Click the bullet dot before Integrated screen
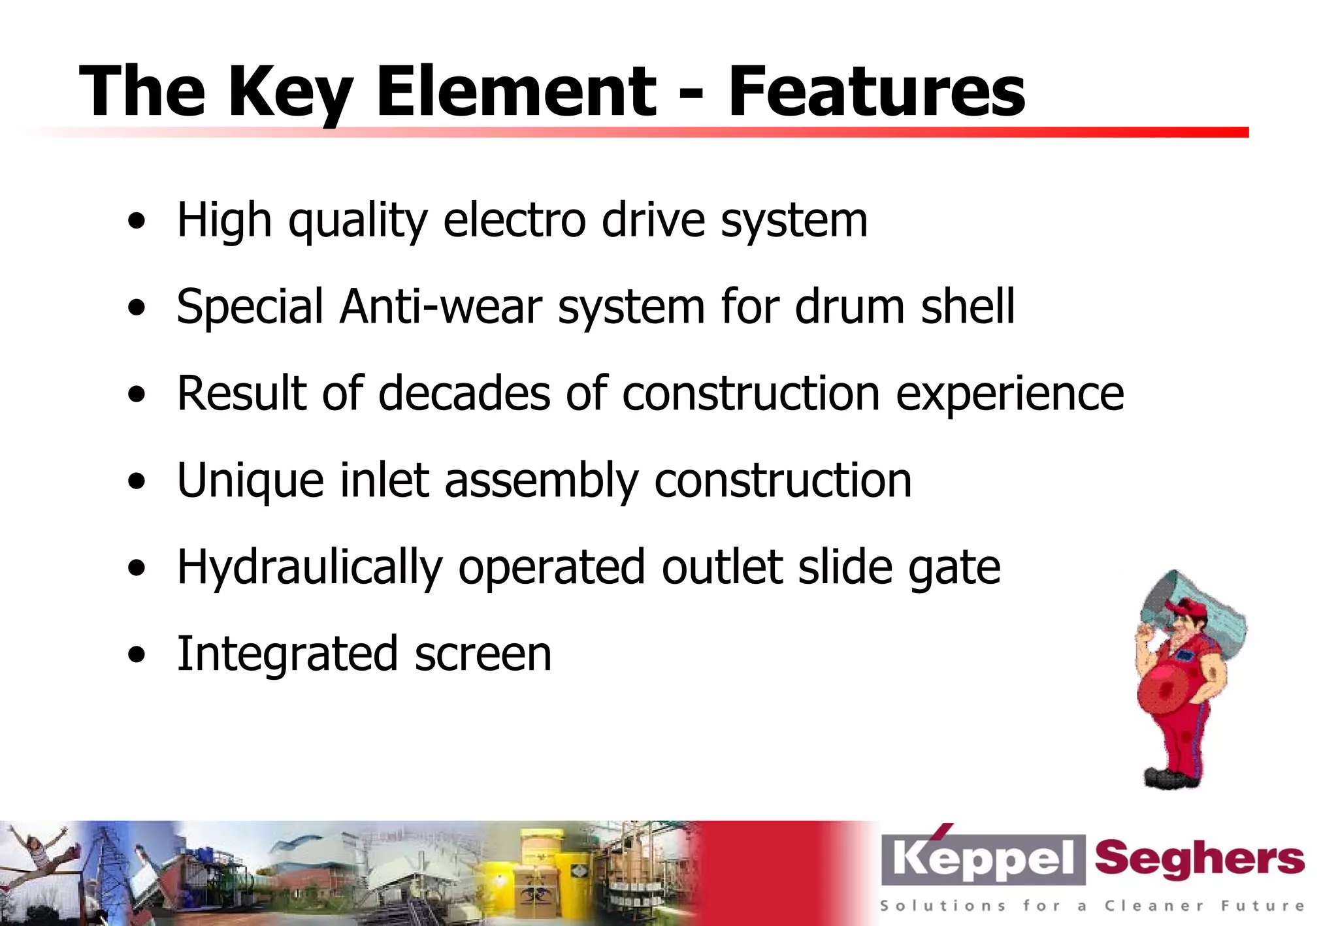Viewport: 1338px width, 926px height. click(137, 655)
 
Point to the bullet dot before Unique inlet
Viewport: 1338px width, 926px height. click(137, 482)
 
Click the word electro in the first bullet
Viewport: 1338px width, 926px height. click(514, 220)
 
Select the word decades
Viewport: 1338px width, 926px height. click(465, 393)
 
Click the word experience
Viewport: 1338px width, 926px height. click(1009, 394)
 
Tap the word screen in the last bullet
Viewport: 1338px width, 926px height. click(483, 654)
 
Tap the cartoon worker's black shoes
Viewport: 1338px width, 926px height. click(1173, 778)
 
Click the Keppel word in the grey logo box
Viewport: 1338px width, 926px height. click(983, 859)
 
